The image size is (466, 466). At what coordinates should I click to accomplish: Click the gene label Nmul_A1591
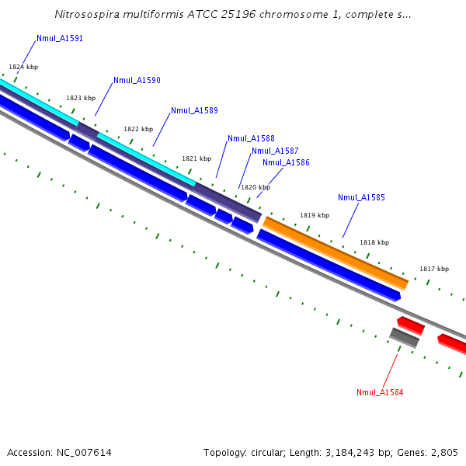point(60,38)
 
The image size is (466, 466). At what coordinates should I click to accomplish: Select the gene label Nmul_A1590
point(137,80)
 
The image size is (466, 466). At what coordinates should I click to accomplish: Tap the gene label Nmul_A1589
point(194,110)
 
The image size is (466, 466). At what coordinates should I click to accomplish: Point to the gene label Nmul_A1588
point(251,138)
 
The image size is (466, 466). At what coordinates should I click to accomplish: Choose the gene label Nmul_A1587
point(275,151)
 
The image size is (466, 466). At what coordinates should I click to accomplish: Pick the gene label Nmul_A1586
point(286,162)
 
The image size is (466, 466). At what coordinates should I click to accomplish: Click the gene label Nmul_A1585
point(361,197)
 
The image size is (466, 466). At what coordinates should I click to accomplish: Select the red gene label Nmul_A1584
point(380,392)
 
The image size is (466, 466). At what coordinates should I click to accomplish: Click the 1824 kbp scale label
point(23,67)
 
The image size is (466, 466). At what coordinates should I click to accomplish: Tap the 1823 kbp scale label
point(81,98)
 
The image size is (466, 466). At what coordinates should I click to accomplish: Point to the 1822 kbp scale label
point(138,129)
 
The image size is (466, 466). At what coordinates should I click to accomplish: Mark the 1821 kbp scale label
point(196,158)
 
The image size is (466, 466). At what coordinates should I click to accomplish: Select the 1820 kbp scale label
point(256,187)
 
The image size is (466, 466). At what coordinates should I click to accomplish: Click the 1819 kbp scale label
point(315,215)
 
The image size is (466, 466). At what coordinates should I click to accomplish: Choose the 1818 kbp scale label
point(374,242)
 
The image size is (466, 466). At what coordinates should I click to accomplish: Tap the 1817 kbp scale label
point(434,269)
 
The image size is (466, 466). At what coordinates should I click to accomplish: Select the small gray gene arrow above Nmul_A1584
point(404,338)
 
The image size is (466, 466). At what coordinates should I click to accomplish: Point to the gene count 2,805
point(443,452)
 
